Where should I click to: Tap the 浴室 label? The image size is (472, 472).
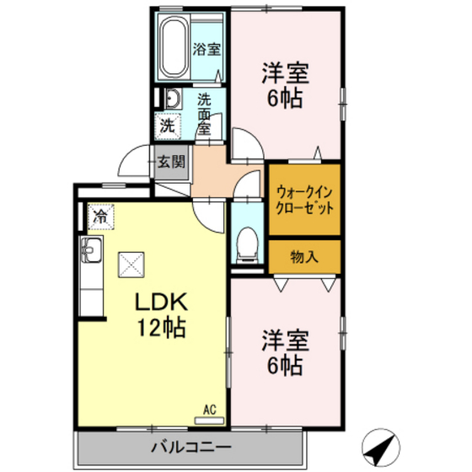pyautogui.click(x=206, y=48)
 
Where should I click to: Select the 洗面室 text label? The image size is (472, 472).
pyautogui.click(x=205, y=113)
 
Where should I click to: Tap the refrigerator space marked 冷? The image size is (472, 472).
pyautogui.click(x=100, y=216)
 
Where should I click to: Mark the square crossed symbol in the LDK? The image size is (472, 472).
pyautogui.click(x=131, y=265)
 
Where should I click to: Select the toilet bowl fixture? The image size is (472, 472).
pyautogui.click(x=248, y=243)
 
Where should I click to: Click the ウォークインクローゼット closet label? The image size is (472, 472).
pyautogui.click(x=303, y=200)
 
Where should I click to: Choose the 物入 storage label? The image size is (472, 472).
pyautogui.click(x=304, y=256)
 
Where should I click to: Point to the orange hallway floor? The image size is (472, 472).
pyautogui.click(x=216, y=172)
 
